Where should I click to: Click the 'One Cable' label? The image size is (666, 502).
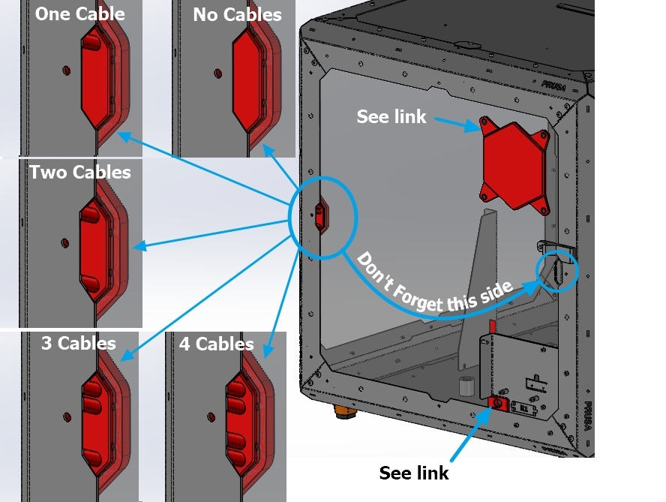coord(79,14)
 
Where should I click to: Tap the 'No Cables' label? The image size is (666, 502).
coord(237,14)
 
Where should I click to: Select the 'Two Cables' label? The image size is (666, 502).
coord(80,173)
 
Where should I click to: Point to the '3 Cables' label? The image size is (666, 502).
coord(79,344)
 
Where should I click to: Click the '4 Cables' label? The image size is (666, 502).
coord(217,344)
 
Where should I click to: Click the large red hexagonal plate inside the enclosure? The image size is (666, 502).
coord(514,164)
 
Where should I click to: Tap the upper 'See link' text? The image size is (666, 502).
coord(391,116)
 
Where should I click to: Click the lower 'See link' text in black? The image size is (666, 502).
coord(414,473)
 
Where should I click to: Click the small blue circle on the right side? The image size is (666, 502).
coord(557,271)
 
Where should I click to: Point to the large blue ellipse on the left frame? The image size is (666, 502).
coord(320,218)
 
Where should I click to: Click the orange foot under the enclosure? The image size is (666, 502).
coord(344,412)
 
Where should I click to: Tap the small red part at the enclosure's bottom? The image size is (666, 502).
coord(496,404)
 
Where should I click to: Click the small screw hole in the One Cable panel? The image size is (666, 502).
coord(65,70)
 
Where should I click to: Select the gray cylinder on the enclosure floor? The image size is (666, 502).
coord(467,386)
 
